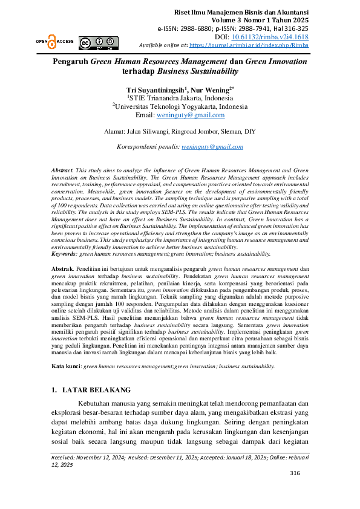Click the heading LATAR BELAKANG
tap(96, 390)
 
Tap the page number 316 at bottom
tap(295, 489)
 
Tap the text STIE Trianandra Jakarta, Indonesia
tap(180, 97)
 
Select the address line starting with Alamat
tap(180, 130)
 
